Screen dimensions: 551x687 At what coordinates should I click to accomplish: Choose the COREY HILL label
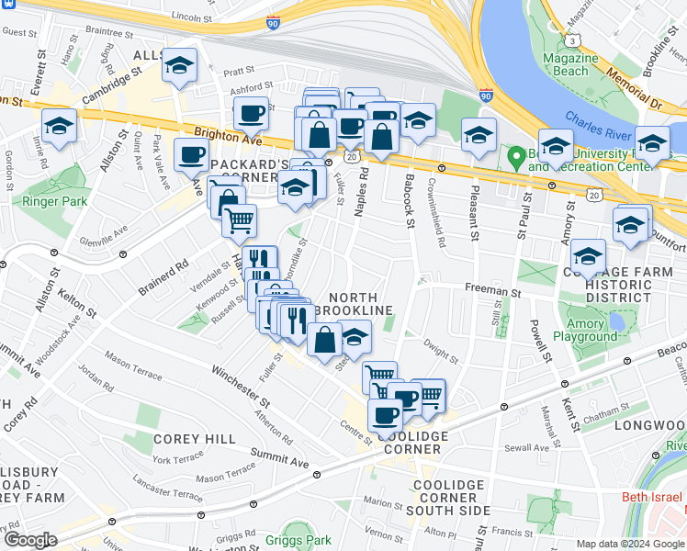[195, 440]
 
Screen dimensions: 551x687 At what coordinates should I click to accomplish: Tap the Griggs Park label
[298, 541]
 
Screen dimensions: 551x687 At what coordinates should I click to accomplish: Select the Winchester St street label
[241, 388]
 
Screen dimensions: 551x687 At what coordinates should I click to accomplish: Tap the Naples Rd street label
[362, 191]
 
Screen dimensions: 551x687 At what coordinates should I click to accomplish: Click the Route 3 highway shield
[574, 39]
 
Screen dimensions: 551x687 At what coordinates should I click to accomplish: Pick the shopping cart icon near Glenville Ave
[239, 219]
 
